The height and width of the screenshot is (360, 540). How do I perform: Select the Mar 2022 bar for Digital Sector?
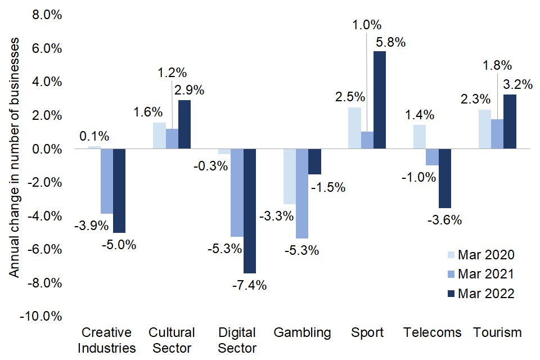point(250,211)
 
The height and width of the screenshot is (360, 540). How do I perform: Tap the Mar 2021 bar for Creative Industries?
point(107,181)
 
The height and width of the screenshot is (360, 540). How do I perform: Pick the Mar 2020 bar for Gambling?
point(289,177)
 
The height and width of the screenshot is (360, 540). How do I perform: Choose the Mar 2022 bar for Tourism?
point(510,122)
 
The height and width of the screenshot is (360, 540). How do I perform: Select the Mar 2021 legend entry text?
point(486,274)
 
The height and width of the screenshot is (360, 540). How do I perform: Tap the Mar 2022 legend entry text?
point(486,293)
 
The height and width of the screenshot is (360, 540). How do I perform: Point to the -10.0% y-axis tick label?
point(40,316)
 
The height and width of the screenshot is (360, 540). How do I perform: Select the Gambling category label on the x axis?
point(302,332)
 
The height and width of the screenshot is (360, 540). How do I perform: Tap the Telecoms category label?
point(432,332)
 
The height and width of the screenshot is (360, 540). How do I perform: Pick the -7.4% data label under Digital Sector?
point(249,285)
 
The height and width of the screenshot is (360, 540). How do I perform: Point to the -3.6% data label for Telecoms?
point(444,220)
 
